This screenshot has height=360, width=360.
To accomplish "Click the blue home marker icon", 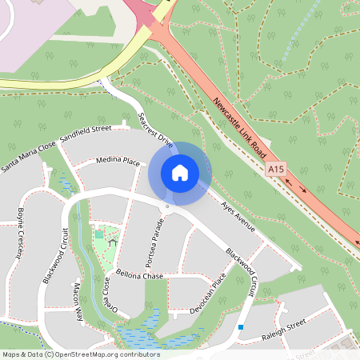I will (180, 173).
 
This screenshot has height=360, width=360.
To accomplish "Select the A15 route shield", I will (275, 170).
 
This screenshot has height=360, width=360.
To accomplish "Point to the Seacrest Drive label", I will (155, 130).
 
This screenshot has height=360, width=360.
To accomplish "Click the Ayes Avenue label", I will (238, 217).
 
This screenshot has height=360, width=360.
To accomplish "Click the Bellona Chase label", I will (140, 276).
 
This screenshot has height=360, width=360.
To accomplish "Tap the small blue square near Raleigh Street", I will (240, 326).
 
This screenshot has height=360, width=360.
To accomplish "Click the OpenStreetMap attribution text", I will (81, 354).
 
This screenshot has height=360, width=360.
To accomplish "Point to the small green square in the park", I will (99, 234).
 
